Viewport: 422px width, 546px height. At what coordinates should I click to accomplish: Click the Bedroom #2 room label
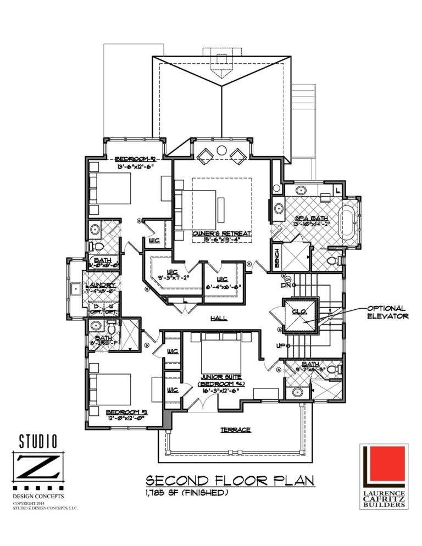(134, 159)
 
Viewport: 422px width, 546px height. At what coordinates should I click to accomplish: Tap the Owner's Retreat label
(221, 233)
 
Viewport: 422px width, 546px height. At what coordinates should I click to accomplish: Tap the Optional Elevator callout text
(387, 312)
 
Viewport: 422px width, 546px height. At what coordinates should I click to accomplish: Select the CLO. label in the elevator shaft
(299, 311)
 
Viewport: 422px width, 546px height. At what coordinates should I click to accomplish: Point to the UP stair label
(281, 346)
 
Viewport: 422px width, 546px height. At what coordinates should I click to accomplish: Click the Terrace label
(236, 430)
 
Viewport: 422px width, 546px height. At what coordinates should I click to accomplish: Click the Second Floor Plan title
(230, 481)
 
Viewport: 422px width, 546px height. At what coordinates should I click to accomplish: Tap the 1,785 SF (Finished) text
(186, 493)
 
